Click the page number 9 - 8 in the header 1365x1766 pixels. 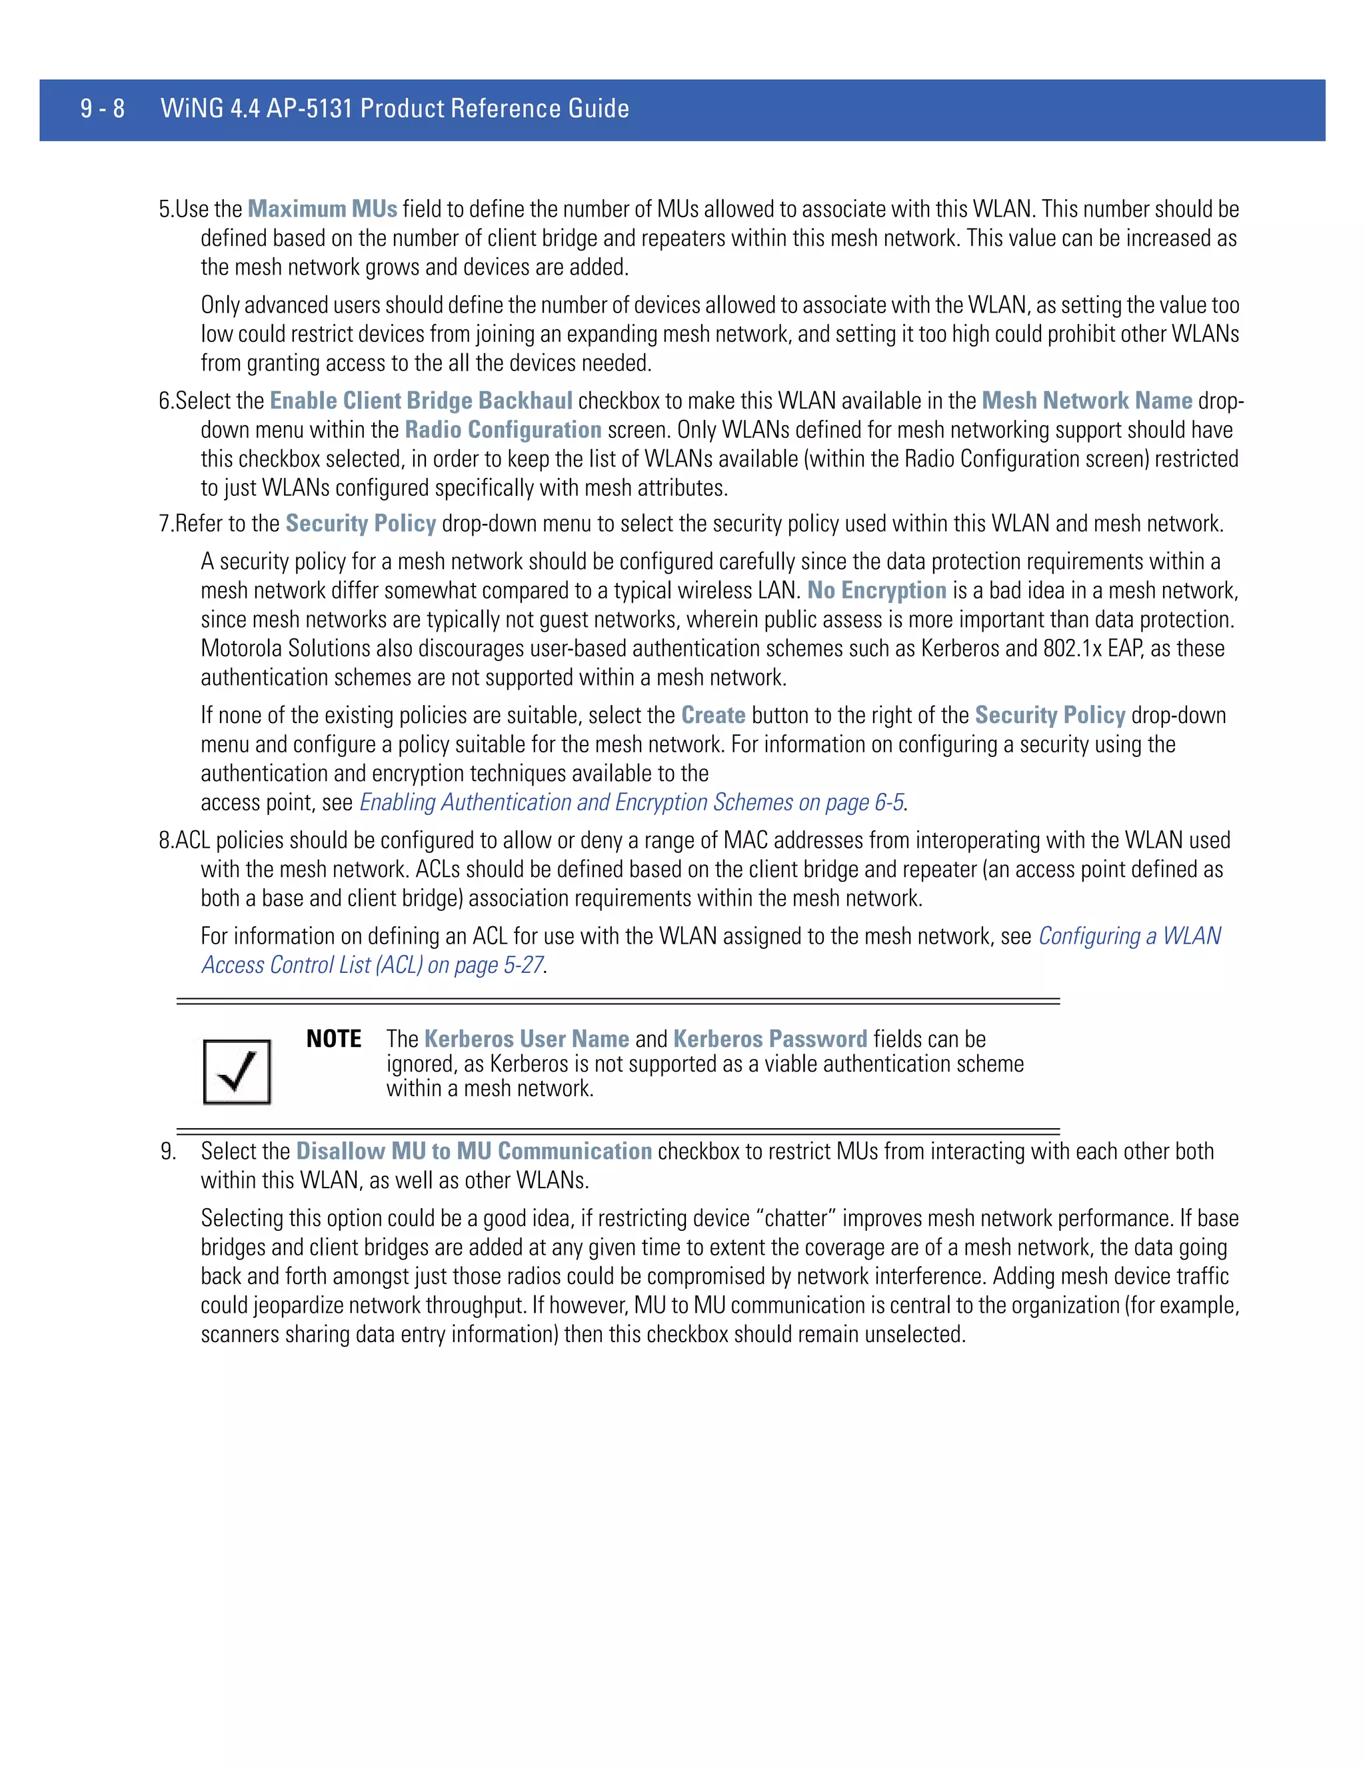tap(102, 109)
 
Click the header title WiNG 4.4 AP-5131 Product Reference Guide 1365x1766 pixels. tap(395, 109)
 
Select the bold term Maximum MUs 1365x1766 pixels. tap(322, 209)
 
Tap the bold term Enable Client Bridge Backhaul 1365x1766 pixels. tap(421, 401)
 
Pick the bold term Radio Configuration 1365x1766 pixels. tap(503, 431)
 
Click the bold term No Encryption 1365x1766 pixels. tap(876, 591)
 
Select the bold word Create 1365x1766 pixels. tap(712, 716)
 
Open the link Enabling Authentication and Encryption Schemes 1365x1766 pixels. tap(631, 803)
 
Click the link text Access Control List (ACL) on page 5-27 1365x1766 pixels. tap(372, 966)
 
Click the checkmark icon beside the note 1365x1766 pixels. tap(236, 1072)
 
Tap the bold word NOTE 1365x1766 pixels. tap(333, 1039)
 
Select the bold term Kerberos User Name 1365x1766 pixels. tap(527, 1039)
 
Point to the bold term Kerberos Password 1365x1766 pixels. tap(770, 1039)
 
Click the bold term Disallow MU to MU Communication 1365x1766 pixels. tap(474, 1152)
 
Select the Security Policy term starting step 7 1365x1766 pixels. tap(361, 524)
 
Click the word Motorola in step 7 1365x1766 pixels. tap(242, 649)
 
